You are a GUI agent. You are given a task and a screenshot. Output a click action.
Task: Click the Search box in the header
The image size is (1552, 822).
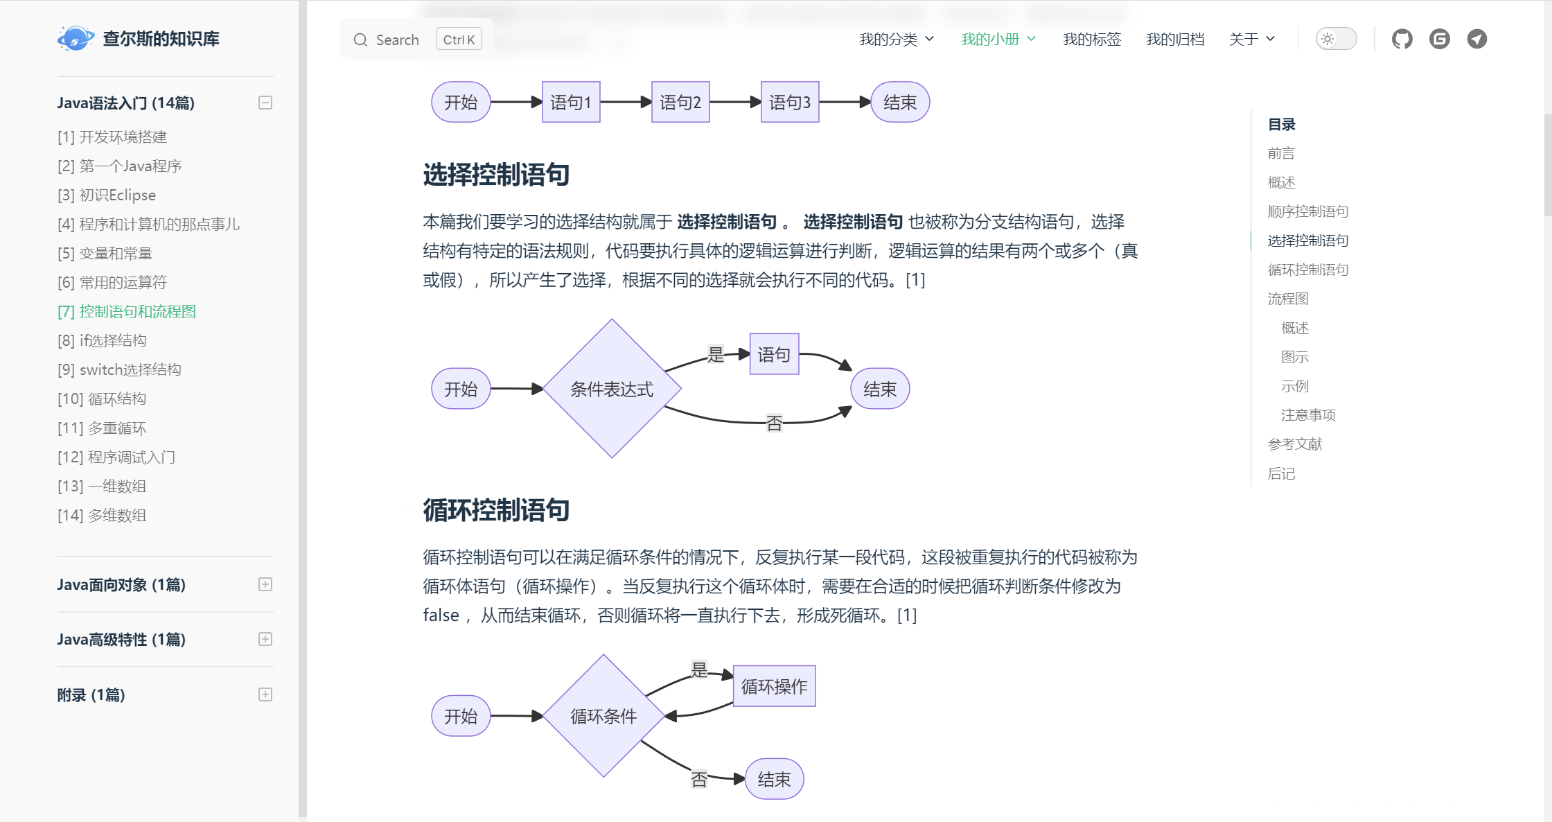416,40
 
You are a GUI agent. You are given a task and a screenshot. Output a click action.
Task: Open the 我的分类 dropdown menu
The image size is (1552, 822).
896,40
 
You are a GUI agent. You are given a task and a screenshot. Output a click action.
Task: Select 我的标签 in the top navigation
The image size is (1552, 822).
1091,40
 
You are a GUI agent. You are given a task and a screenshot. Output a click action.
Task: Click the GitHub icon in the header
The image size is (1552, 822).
1402,39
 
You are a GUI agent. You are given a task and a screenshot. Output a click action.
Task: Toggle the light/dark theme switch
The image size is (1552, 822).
1336,39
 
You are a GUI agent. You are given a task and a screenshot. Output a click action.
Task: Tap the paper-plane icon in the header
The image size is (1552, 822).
1476,39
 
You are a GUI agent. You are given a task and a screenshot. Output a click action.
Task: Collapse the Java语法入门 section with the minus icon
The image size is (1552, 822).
265,103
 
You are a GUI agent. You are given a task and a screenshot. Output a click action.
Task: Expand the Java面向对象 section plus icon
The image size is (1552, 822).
265,584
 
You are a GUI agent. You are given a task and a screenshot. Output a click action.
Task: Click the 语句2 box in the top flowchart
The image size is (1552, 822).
680,103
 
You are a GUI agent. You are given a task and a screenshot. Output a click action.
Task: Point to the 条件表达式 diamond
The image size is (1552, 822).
611,389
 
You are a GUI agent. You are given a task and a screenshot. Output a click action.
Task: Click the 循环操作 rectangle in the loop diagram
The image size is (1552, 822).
774,686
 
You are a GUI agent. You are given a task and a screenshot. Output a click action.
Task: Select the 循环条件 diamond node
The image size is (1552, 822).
603,716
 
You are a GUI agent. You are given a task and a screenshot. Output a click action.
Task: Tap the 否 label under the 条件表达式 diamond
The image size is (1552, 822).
774,423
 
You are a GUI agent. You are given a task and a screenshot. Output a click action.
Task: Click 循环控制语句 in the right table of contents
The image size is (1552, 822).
1307,270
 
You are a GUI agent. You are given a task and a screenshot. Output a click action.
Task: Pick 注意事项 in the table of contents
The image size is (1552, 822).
1308,415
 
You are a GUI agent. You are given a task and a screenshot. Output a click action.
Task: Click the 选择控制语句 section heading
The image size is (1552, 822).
496,175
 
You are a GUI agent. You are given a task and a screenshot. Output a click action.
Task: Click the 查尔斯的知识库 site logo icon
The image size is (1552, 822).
75,39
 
